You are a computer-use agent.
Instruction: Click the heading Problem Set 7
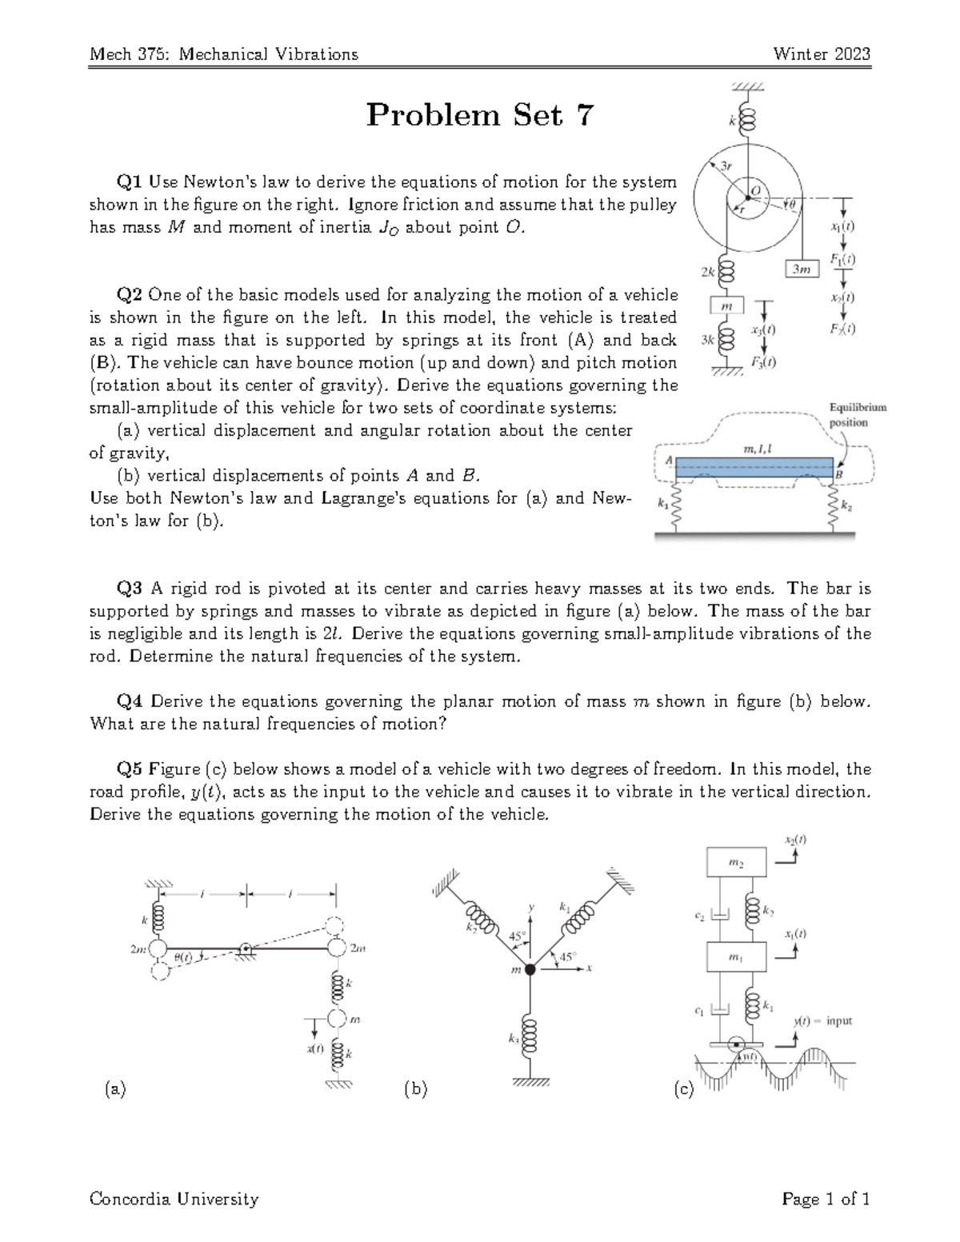pyautogui.click(x=480, y=116)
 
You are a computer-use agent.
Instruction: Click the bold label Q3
pyautogui.click(x=130, y=589)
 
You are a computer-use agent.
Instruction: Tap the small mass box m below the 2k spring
pyautogui.click(x=727, y=306)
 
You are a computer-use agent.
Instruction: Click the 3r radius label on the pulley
pyautogui.click(x=726, y=166)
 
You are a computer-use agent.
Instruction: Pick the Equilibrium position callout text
pyautogui.click(x=857, y=415)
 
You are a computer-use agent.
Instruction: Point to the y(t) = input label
pyautogui.click(x=822, y=1021)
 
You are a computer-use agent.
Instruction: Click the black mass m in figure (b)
pyautogui.click(x=530, y=968)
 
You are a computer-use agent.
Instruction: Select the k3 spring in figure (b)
pyautogui.click(x=529, y=1036)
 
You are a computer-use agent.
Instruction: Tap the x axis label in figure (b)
pyautogui.click(x=589, y=968)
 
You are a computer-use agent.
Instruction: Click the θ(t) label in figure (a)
pyautogui.click(x=184, y=956)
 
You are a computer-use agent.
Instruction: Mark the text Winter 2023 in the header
pyautogui.click(x=822, y=54)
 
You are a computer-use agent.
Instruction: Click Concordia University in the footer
pyautogui.click(x=174, y=1199)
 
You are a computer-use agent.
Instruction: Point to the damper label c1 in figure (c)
pyautogui.click(x=698, y=1011)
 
